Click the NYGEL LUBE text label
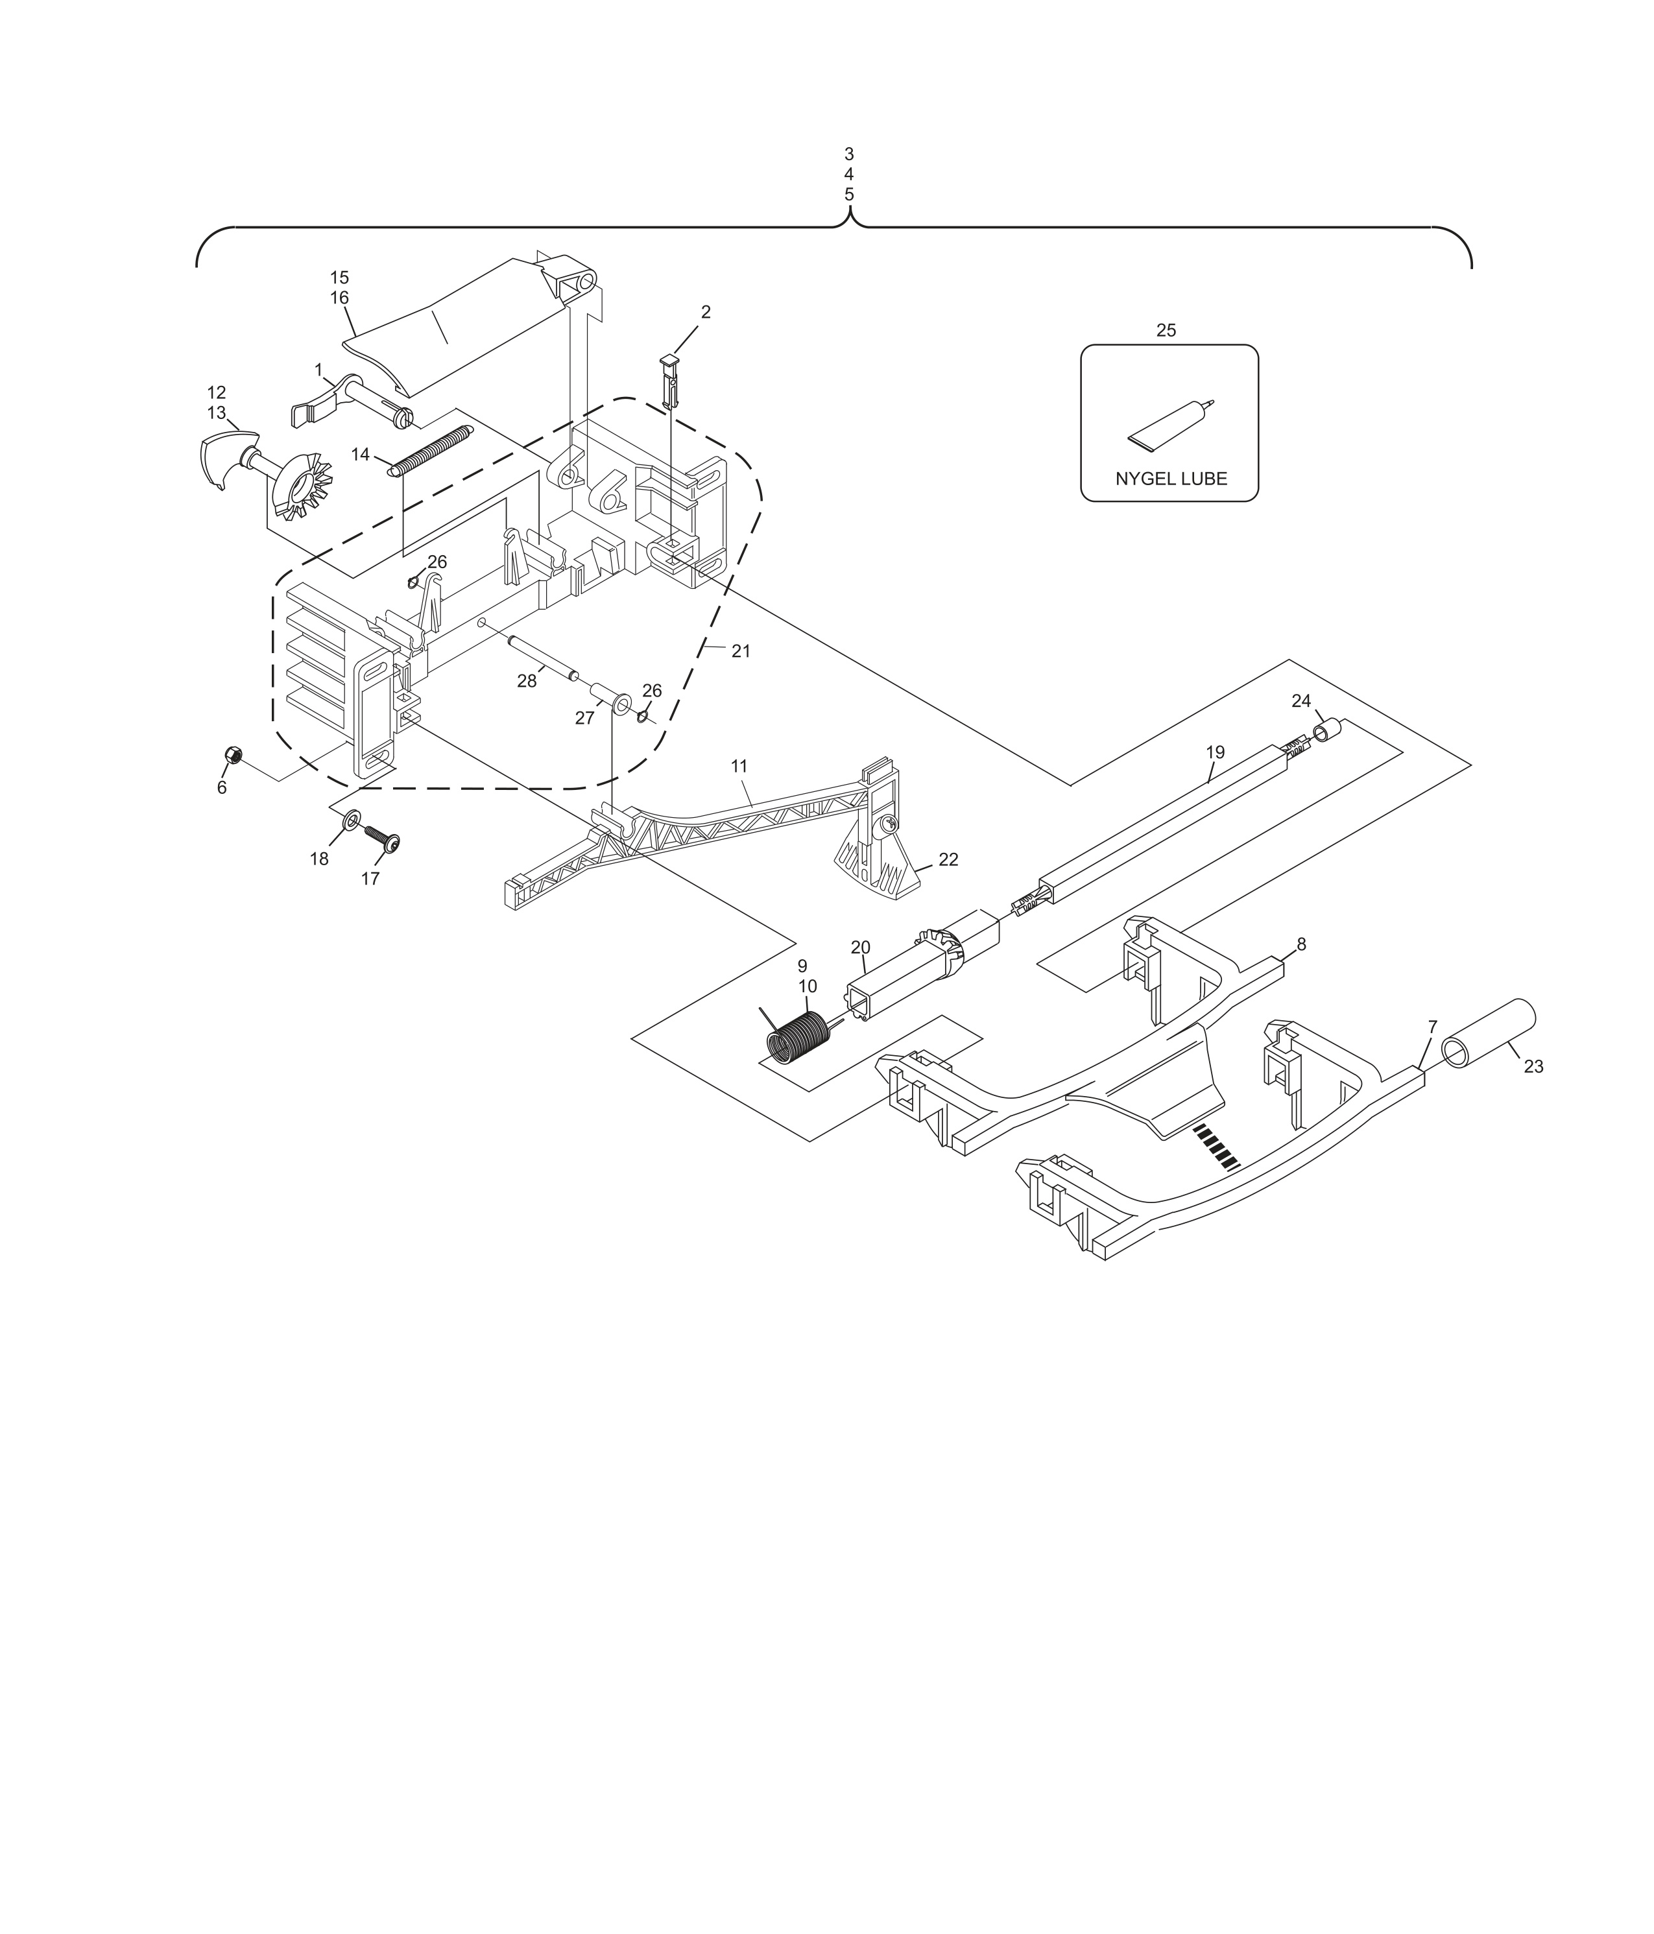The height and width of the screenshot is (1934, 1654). tap(1171, 479)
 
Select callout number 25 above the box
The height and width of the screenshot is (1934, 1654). tap(1166, 330)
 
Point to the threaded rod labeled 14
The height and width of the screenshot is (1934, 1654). tap(431, 450)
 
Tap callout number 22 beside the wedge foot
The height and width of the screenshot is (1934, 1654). tap(948, 859)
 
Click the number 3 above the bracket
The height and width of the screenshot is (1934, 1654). tap(848, 154)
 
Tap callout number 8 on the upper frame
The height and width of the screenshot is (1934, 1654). tap(1301, 944)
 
